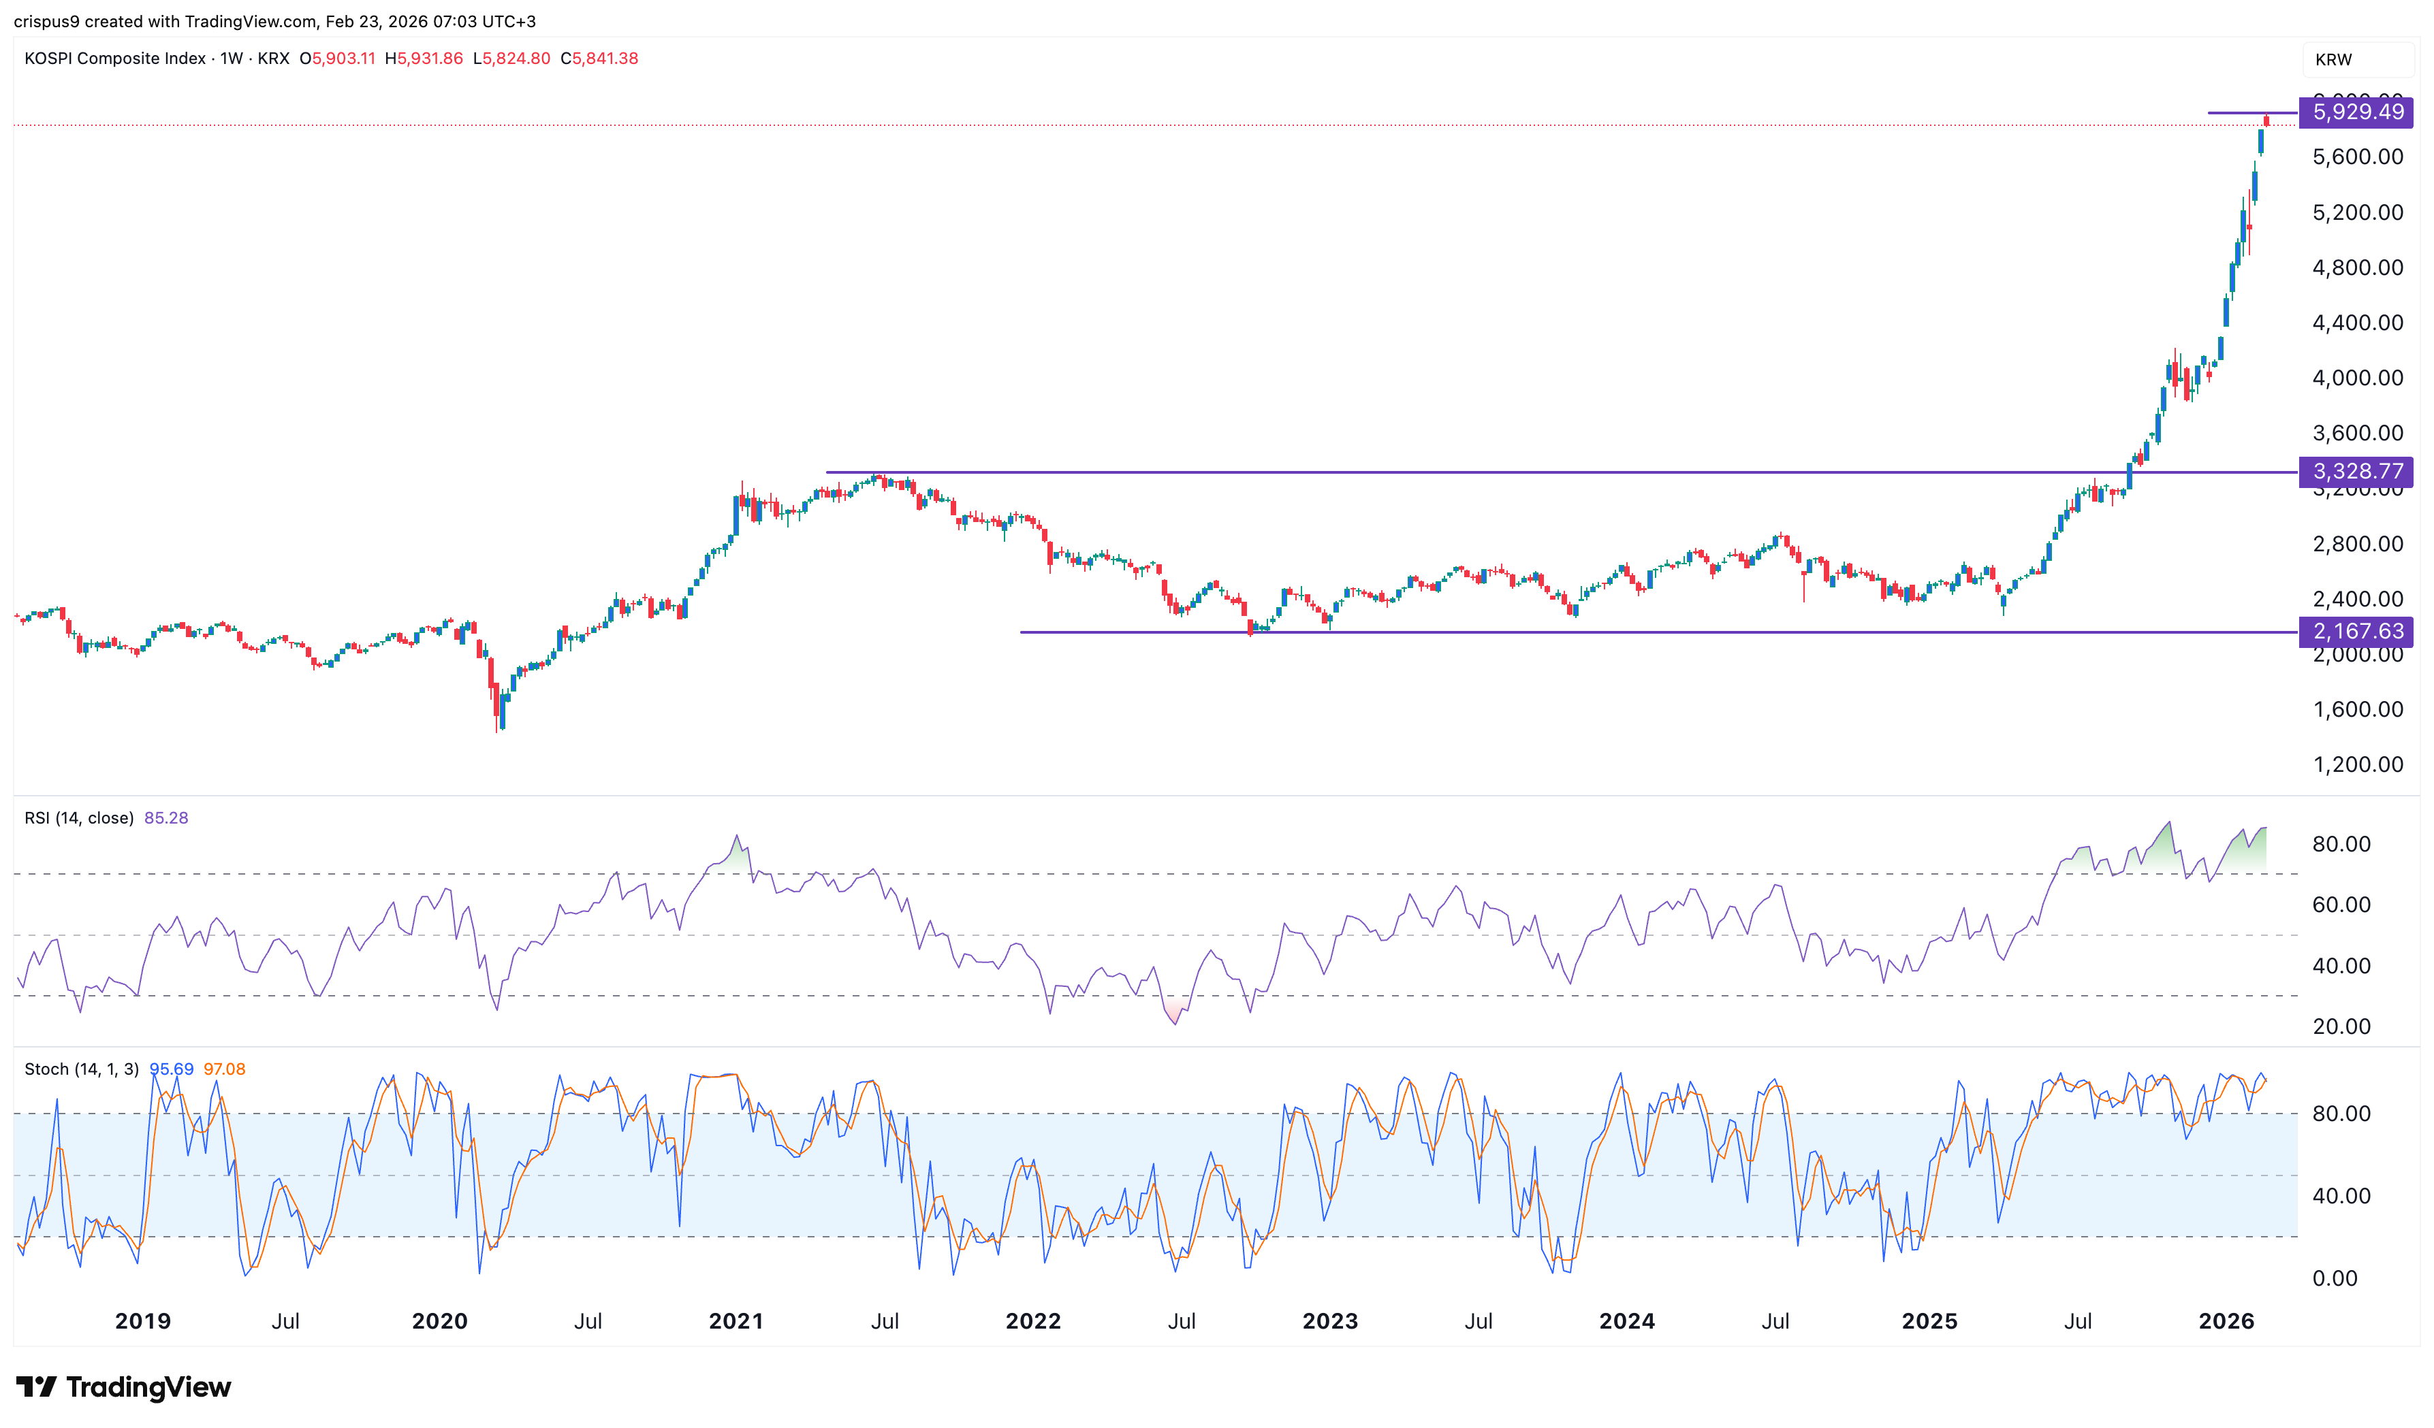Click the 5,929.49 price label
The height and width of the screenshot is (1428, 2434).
coord(2357,112)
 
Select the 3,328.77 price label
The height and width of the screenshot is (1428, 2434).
coord(2357,471)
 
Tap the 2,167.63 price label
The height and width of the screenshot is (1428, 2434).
coord(2357,632)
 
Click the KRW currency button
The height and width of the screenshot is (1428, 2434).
coord(2334,60)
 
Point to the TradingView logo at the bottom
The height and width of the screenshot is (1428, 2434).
coord(124,1387)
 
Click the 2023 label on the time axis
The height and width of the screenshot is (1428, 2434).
coord(1329,1321)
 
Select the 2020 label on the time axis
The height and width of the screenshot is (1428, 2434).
coord(439,1321)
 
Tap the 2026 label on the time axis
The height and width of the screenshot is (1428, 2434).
coord(2226,1321)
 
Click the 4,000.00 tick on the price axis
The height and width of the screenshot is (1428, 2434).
coord(2357,378)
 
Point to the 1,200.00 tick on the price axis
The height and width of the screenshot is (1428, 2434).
coord(2357,764)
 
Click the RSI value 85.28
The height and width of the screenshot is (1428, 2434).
coord(166,817)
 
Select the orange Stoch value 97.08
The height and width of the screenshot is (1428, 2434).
coord(224,1069)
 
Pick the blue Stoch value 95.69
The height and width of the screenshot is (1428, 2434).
coord(171,1069)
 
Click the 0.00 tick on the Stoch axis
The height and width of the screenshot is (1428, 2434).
coord(2335,1278)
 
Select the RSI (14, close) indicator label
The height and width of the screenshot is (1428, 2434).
coord(79,817)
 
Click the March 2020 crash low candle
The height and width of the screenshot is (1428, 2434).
coord(497,715)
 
